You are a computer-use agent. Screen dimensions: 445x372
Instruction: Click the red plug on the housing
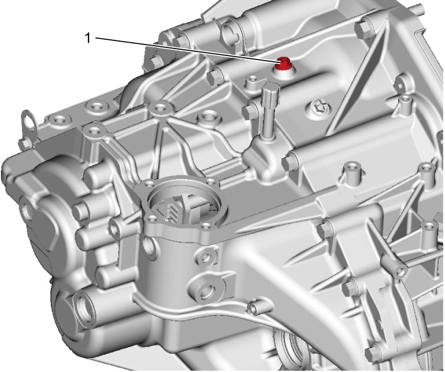[x=283, y=63]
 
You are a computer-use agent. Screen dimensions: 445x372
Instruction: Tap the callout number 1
[x=88, y=38]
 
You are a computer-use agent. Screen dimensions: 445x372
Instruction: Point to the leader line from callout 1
[x=186, y=49]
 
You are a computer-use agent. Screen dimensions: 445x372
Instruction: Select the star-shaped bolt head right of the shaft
[x=319, y=107]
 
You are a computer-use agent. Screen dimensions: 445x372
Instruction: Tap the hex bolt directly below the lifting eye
[x=24, y=143]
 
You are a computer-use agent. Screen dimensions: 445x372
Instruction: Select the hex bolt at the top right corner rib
[x=364, y=30]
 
